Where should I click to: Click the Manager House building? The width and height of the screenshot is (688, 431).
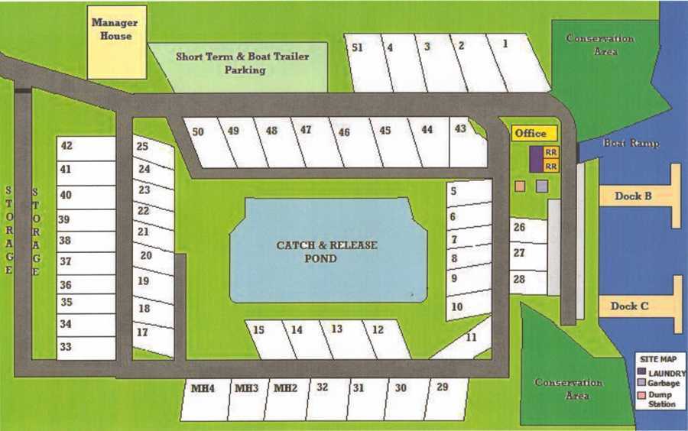click(x=115, y=42)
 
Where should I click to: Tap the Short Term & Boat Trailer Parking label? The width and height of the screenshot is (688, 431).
click(x=242, y=63)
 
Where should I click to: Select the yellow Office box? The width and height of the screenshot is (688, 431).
click(x=530, y=134)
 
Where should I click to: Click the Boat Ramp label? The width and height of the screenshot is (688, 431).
click(x=631, y=143)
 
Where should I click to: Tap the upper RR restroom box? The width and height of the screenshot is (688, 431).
click(x=551, y=152)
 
